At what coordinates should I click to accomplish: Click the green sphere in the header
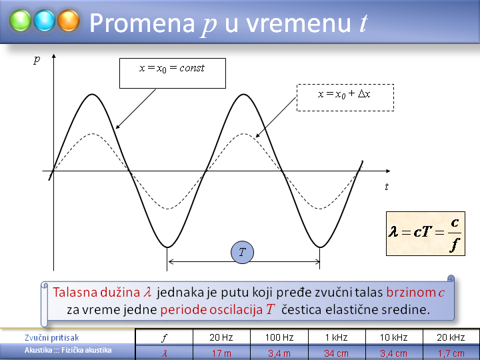(x=20, y=21)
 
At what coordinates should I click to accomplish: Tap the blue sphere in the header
(x=45, y=21)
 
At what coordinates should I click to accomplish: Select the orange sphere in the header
(x=69, y=21)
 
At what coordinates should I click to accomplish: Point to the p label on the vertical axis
(x=37, y=59)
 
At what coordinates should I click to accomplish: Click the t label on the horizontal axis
(x=387, y=187)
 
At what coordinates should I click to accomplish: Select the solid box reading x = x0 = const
(x=173, y=73)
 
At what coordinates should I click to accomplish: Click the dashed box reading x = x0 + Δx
(x=345, y=97)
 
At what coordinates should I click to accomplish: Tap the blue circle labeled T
(x=242, y=252)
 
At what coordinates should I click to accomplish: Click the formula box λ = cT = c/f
(x=425, y=233)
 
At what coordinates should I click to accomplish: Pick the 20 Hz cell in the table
(x=221, y=337)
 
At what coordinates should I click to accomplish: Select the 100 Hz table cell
(x=279, y=337)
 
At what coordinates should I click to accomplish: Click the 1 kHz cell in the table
(x=337, y=337)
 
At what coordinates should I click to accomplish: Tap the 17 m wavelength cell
(x=221, y=353)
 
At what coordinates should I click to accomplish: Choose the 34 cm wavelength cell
(x=337, y=353)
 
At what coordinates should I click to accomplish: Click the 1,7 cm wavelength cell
(x=451, y=353)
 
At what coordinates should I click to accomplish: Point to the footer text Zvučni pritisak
(x=52, y=337)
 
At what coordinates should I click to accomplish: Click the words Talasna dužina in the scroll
(x=96, y=293)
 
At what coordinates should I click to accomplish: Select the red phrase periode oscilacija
(x=211, y=310)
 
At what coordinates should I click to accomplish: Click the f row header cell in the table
(x=164, y=337)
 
